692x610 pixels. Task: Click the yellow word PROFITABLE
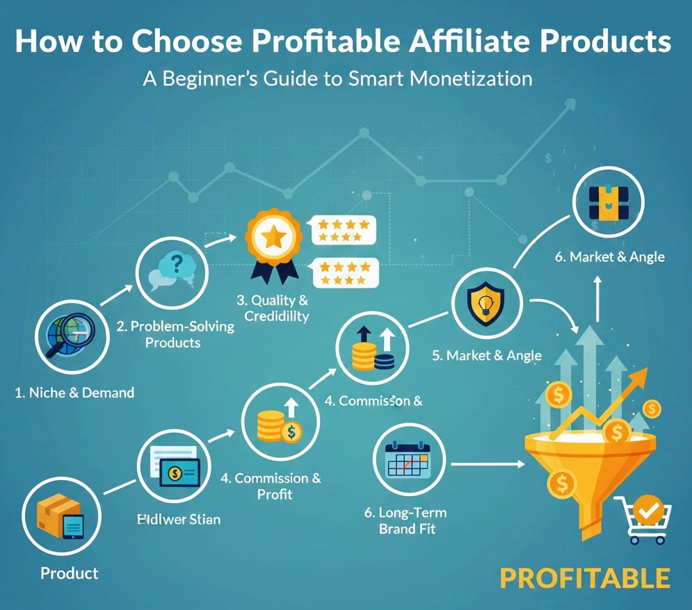coord(585,579)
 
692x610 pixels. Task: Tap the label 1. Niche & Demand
coord(74,393)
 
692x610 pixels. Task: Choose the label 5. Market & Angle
coord(486,356)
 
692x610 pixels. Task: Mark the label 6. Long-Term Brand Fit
coord(405,520)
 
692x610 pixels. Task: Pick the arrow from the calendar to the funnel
coord(488,463)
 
